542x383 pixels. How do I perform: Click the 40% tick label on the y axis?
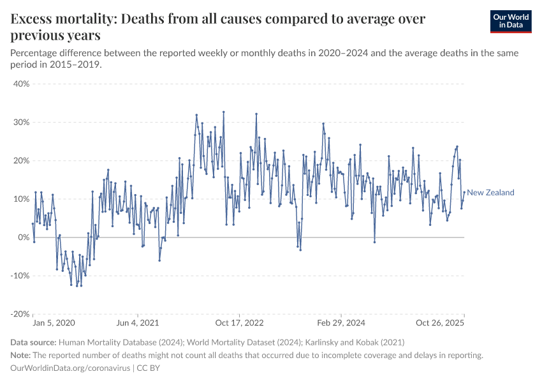tap(21, 84)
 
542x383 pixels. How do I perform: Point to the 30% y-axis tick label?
tap(21, 122)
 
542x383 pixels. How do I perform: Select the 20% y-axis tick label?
tap(21, 160)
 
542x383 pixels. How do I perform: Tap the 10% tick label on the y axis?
tap(21, 199)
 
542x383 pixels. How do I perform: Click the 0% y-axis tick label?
tap(24, 237)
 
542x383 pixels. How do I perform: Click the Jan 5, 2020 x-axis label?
tap(54, 324)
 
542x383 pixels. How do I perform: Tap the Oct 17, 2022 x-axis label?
tap(240, 324)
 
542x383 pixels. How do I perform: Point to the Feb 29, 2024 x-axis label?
tap(342, 324)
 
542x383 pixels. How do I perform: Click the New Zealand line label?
tap(490, 193)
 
